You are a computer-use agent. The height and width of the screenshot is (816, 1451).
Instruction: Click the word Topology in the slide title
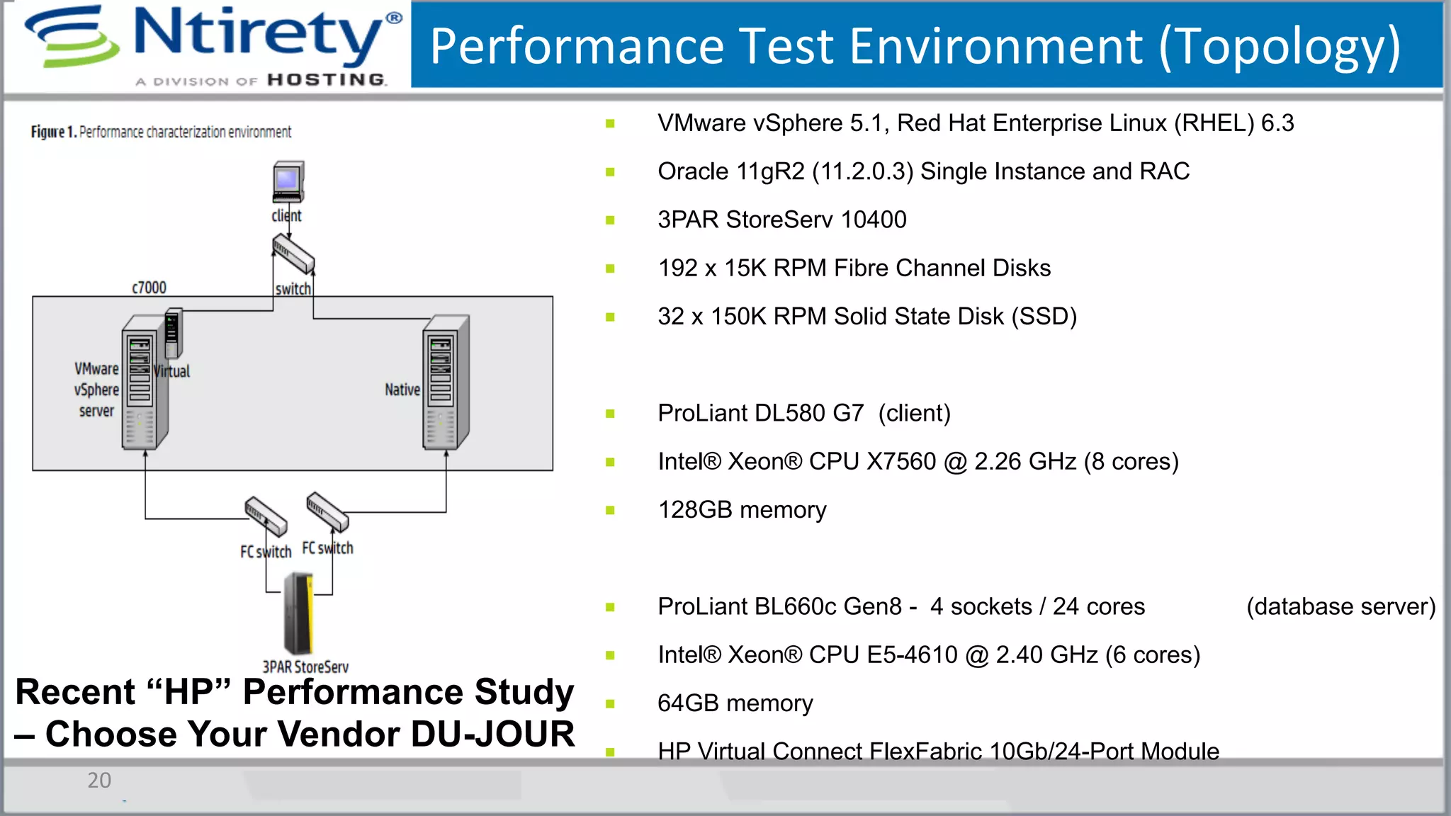click(1279, 47)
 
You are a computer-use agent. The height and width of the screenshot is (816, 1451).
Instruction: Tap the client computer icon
click(288, 182)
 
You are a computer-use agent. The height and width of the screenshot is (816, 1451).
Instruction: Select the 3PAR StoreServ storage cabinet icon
click(298, 613)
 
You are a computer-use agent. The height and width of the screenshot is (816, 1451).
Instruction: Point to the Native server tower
click(446, 382)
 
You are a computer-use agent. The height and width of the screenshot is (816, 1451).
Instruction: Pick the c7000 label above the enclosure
click(149, 288)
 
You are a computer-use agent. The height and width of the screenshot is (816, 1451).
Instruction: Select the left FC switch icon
click(266, 516)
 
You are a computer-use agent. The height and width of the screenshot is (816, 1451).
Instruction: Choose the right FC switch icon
click(327, 511)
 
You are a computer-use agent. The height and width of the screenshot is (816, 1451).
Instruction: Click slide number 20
click(99, 781)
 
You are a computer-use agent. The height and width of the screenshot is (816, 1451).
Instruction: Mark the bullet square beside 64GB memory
click(610, 703)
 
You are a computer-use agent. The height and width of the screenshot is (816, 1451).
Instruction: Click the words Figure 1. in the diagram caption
click(53, 132)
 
